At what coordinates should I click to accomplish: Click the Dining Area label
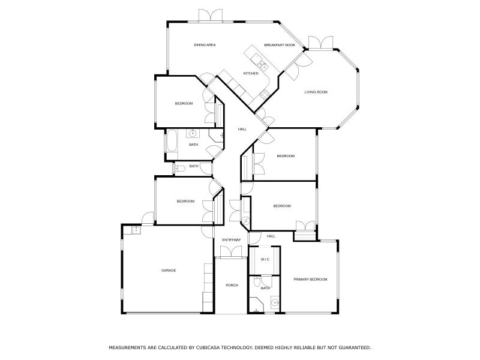click(205, 45)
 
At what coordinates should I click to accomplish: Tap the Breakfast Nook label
click(279, 45)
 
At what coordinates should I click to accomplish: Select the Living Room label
click(316, 92)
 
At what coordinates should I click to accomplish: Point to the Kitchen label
click(251, 73)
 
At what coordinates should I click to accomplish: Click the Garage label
click(169, 271)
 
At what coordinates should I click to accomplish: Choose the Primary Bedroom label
click(310, 280)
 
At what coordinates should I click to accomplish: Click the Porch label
click(232, 285)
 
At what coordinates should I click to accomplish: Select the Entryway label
click(232, 240)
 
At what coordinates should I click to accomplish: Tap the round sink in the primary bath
click(275, 303)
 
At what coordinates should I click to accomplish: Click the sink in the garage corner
click(136, 229)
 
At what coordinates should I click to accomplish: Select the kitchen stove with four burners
click(263, 93)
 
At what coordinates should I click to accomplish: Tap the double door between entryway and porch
click(232, 255)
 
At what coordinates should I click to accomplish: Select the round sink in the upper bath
click(193, 133)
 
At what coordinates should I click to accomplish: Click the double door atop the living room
click(319, 43)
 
